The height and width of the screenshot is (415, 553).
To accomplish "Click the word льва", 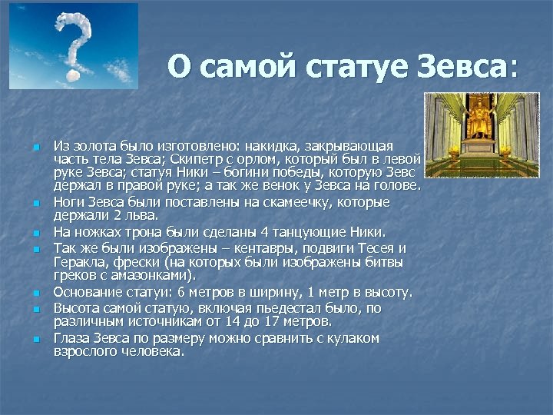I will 140,215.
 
